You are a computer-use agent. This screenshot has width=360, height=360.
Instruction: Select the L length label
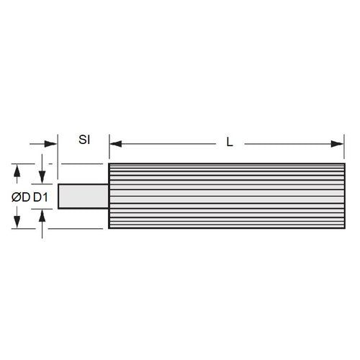(x=229, y=143)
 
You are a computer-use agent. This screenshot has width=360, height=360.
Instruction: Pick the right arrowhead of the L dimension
(x=338, y=144)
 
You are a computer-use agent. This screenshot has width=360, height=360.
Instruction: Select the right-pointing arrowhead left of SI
(x=52, y=144)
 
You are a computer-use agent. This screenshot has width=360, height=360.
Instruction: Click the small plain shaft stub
(x=83, y=197)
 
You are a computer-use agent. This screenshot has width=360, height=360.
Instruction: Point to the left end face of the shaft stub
(x=58, y=197)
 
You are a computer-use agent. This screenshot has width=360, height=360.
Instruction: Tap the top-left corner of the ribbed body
(x=109, y=165)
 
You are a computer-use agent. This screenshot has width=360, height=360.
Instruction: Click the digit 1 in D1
(x=46, y=197)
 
